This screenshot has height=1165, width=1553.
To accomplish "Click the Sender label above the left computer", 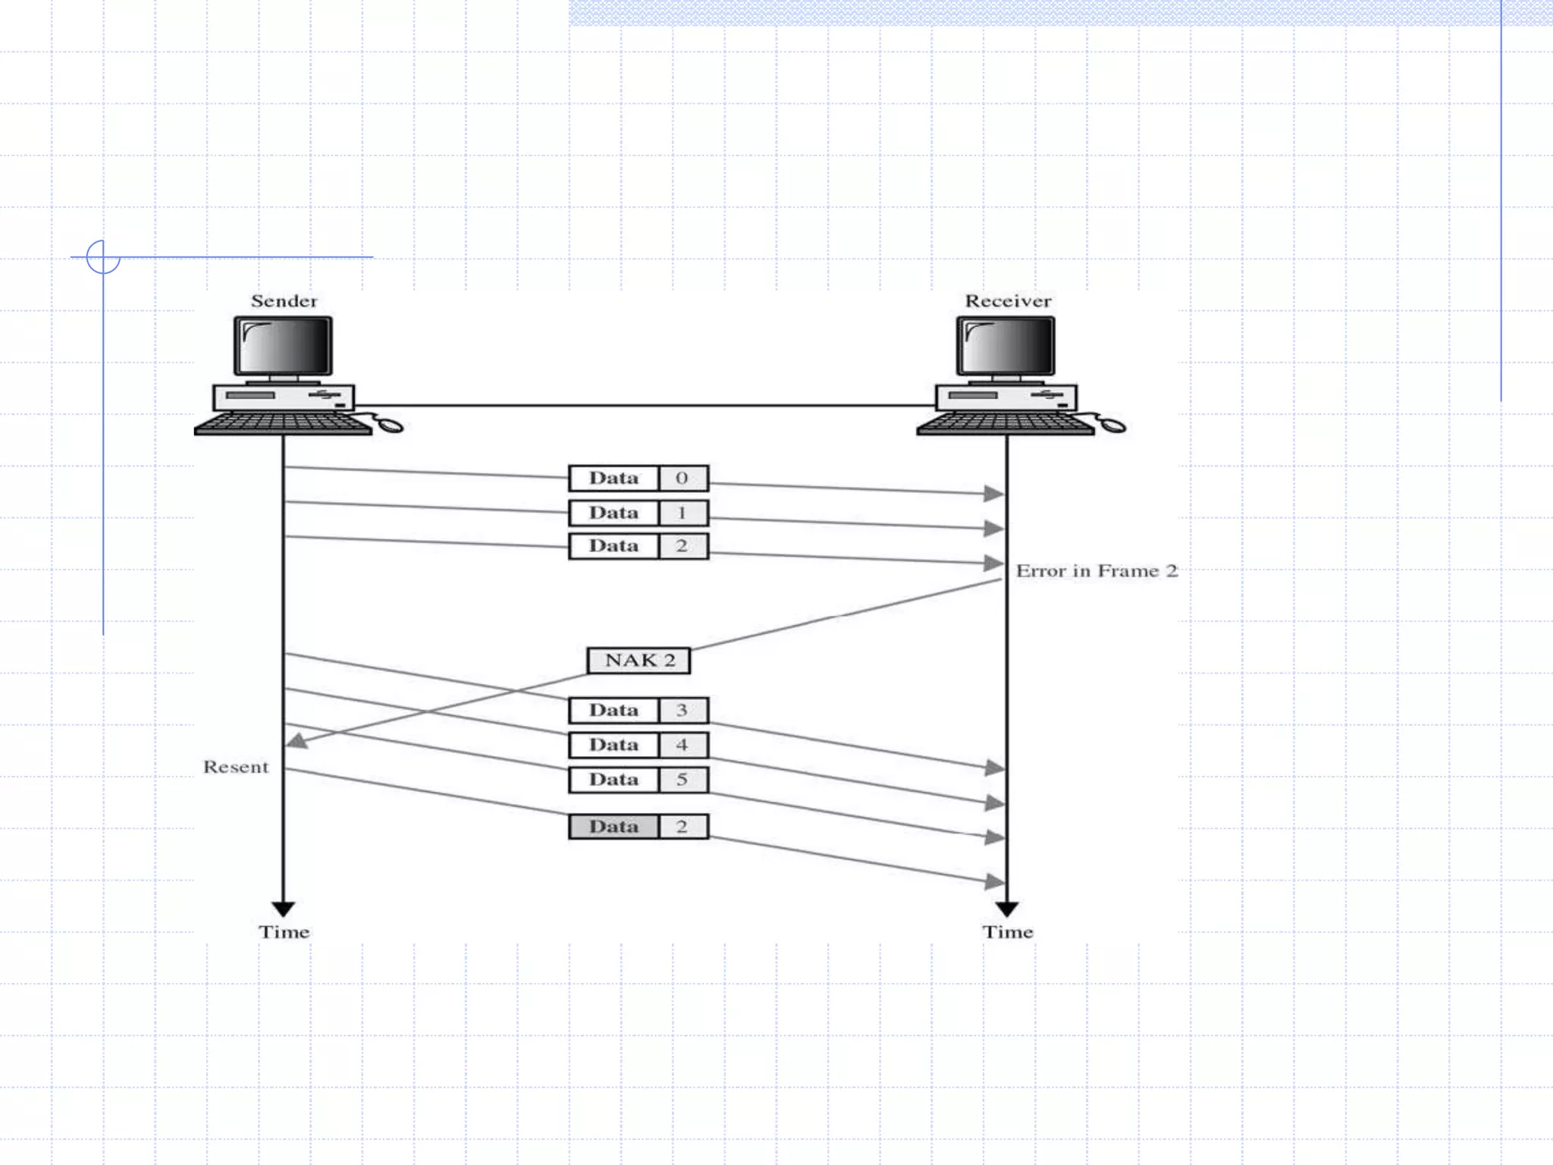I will pyautogui.click(x=284, y=301).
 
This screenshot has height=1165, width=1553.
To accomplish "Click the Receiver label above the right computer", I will pyautogui.click(x=1007, y=301).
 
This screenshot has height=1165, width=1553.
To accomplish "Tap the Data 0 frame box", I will pyautogui.click(x=638, y=478).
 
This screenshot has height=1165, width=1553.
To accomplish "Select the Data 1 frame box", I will pyautogui.click(x=638, y=513).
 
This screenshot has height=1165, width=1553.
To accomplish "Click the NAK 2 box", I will pyautogui.click(x=638, y=660).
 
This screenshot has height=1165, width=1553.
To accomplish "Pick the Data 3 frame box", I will pyautogui.click(x=638, y=710).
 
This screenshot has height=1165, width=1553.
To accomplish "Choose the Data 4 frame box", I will pyautogui.click(x=638, y=745).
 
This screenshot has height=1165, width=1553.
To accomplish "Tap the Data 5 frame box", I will pyautogui.click(x=638, y=780).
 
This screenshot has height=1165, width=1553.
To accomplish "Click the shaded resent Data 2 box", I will pyautogui.click(x=638, y=826).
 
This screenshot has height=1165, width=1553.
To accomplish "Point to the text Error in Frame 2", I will pyautogui.click(x=1096, y=570).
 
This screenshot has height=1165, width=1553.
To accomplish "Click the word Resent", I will pyautogui.click(x=235, y=767).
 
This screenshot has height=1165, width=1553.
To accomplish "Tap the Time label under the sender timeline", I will pyautogui.click(x=284, y=932).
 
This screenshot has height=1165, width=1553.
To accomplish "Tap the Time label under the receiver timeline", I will pyautogui.click(x=1007, y=932).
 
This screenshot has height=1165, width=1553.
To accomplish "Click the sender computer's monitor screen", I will pyautogui.click(x=283, y=345).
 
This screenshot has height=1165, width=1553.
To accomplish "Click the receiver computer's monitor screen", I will pyautogui.click(x=1006, y=345).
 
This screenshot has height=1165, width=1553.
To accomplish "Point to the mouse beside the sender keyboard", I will pyautogui.click(x=390, y=425).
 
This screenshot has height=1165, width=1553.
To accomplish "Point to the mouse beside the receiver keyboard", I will pyautogui.click(x=1112, y=425).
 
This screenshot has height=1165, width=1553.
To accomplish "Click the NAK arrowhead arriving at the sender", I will pyautogui.click(x=296, y=741).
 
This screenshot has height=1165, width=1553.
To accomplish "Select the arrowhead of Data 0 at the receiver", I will pyautogui.click(x=994, y=494).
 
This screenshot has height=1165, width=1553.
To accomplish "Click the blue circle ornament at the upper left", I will pyautogui.click(x=103, y=256).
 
